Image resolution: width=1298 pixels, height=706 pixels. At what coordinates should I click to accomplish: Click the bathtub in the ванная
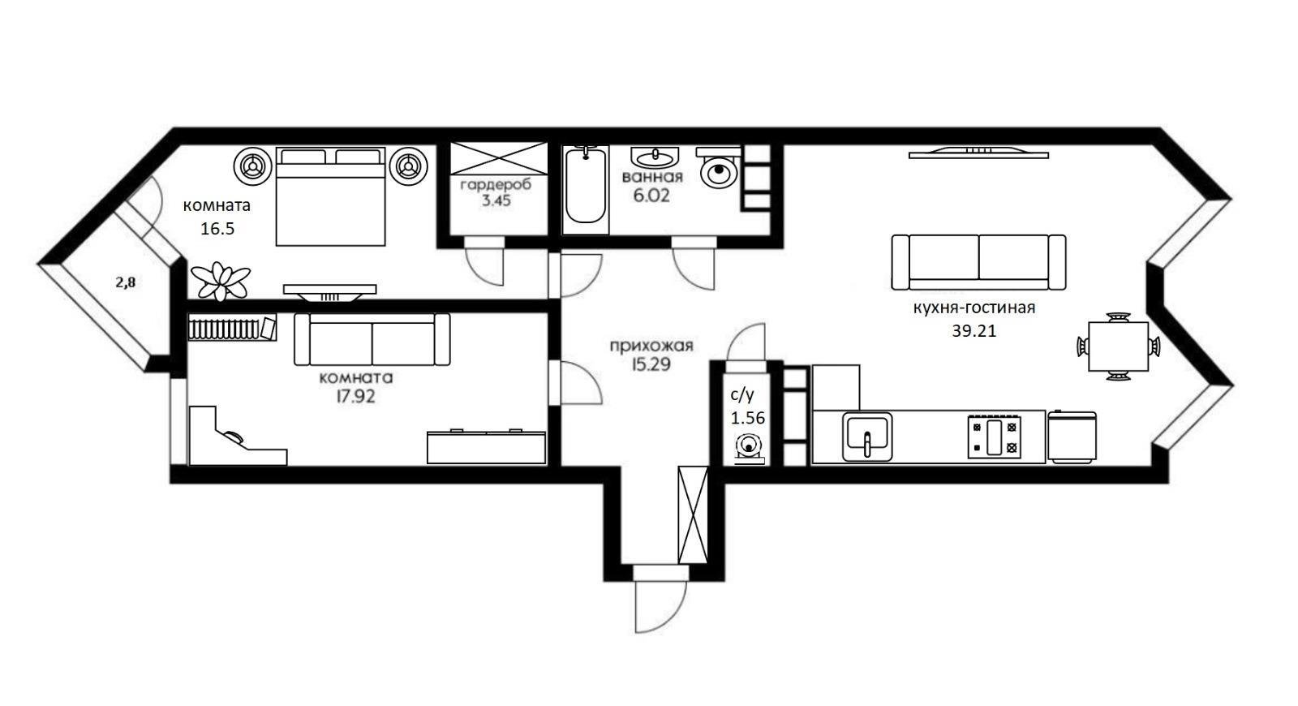coord(585,186)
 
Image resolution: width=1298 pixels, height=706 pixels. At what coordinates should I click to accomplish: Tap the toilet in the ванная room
coord(719,167)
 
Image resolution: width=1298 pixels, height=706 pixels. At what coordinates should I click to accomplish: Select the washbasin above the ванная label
coord(655,157)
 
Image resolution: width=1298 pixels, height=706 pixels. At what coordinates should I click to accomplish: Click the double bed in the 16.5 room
coord(330,196)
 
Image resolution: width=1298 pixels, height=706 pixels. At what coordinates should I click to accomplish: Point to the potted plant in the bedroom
coord(220,281)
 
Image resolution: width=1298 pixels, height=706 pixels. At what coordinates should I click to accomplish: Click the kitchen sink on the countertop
coord(867,437)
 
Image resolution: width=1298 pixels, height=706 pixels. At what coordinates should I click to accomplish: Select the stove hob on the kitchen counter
coord(994,437)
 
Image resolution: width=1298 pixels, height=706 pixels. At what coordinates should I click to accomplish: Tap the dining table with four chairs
coord(1119,347)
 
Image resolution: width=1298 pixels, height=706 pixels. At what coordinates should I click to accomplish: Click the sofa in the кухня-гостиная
coord(978,262)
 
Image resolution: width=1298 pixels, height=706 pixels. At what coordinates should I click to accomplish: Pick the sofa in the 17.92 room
coord(372,340)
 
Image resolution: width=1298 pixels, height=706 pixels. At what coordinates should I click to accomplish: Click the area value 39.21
coord(974,331)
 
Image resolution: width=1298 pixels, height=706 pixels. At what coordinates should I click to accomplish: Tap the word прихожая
coord(651,346)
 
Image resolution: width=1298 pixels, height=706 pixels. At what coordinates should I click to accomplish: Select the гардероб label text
coord(496,185)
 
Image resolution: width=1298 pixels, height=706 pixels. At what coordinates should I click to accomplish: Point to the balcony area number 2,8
coord(126,282)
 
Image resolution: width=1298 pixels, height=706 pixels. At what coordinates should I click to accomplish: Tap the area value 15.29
coord(651,364)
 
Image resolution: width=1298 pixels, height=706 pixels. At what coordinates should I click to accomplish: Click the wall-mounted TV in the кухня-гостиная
coord(978,153)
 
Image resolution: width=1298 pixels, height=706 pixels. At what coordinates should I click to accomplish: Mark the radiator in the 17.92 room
coord(232,328)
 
